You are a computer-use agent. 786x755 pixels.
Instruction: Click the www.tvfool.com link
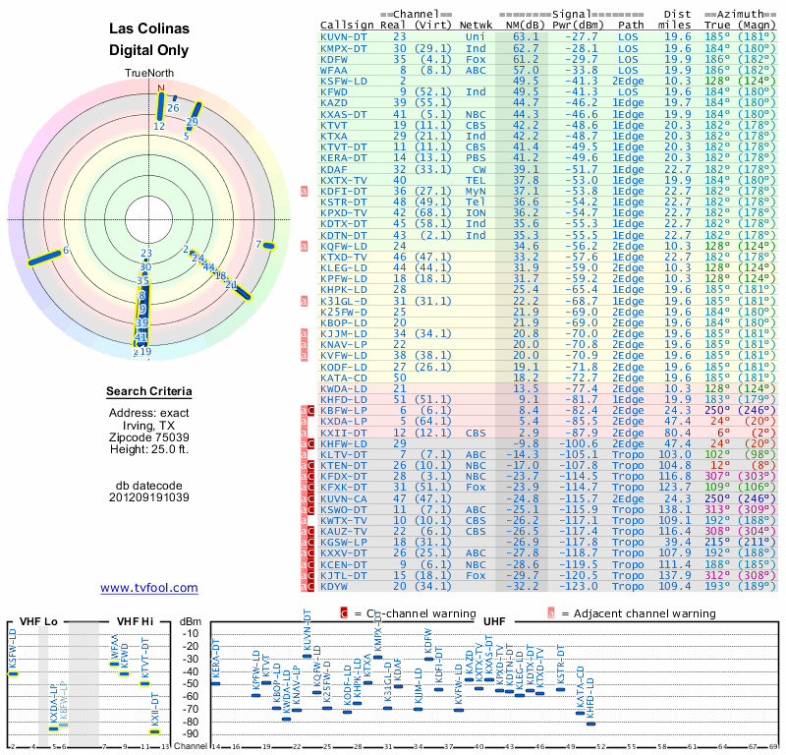point(149,588)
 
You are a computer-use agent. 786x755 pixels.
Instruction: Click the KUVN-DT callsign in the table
point(344,36)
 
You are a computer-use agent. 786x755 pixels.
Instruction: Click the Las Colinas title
point(149,29)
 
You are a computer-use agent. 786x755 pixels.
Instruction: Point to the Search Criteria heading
point(149,392)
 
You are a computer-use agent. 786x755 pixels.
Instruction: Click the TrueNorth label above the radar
point(149,74)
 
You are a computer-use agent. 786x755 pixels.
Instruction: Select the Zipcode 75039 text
point(149,437)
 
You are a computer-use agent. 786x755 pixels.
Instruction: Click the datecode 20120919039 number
point(149,496)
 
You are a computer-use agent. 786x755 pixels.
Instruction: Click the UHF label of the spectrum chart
point(494,620)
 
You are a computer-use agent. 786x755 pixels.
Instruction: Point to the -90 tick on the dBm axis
point(191,733)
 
